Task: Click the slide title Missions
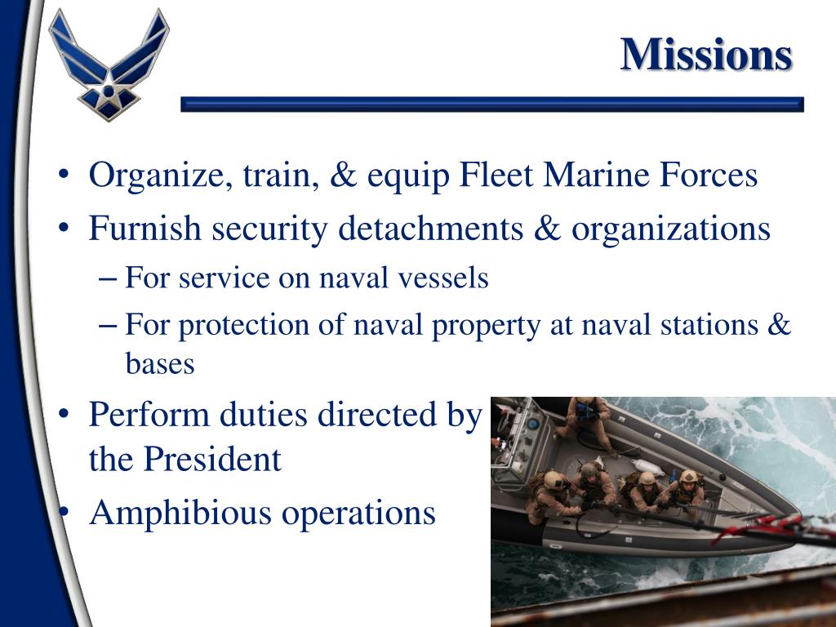[706, 56]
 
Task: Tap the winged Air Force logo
[108, 63]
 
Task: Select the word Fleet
[497, 176]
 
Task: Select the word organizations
[671, 230]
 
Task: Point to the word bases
[160, 363]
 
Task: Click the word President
[213, 460]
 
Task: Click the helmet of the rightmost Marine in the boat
[690, 476]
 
